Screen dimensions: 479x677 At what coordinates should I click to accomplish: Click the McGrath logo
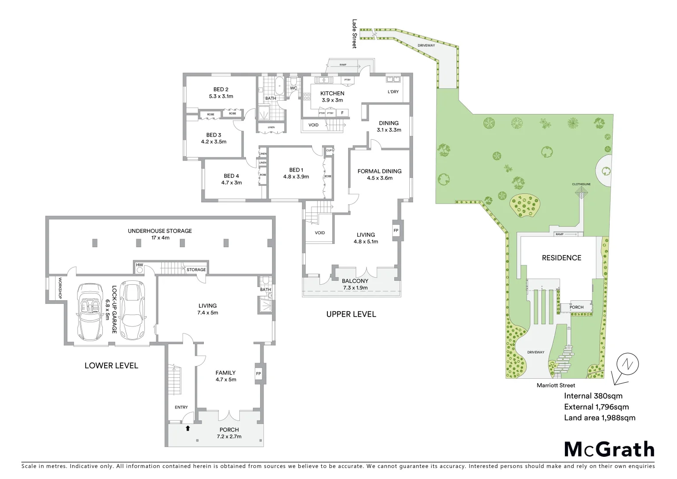pyautogui.click(x=609, y=449)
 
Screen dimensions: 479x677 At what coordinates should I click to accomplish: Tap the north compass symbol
pyautogui.click(x=627, y=365)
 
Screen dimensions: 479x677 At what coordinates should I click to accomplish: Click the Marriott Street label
pyautogui.click(x=556, y=385)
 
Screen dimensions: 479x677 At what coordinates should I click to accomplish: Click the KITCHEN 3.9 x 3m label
pyautogui.click(x=332, y=97)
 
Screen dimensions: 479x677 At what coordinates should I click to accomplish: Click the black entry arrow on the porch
pyautogui.click(x=187, y=428)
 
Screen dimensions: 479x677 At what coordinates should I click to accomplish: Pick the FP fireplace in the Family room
pyautogui.click(x=258, y=373)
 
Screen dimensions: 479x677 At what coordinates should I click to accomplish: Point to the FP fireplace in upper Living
pyautogui.click(x=396, y=231)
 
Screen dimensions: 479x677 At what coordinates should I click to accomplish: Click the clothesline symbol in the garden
pyautogui.click(x=581, y=192)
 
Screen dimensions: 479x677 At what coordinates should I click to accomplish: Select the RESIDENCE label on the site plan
pyautogui.click(x=561, y=258)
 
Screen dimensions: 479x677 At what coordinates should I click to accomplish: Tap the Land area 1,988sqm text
pyautogui.click(x=599, y=417)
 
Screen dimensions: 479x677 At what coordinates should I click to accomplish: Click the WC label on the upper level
pyautogui.click(x=293, y=88)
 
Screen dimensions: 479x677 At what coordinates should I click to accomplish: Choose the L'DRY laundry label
pyautogui.click(x=393, y=92)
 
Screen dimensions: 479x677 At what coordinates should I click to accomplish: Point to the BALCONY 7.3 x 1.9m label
pyautogui.click(x=355, y=284)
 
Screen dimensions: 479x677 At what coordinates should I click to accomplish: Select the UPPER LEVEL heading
pyautogui.click(x=351, y=314)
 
